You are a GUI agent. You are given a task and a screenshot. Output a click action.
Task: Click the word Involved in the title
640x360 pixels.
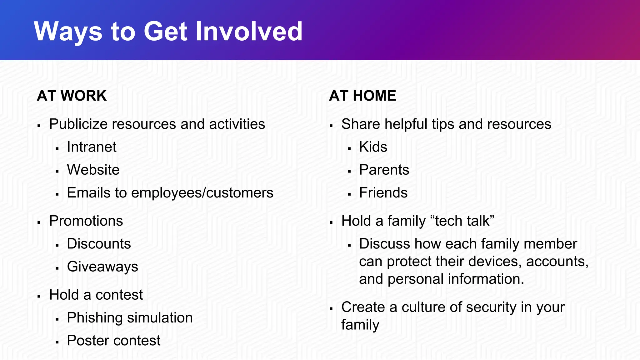click(x=249, y=31)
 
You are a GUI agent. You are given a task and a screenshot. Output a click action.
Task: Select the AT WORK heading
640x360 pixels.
click(x=72, y=96)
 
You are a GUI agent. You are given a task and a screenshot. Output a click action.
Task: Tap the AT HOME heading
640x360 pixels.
click(x=362, y=96)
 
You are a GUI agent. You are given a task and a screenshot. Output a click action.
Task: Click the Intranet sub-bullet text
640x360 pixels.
click(x=92, y=147)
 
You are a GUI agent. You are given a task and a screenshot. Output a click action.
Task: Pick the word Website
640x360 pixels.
click(x=93, y=170)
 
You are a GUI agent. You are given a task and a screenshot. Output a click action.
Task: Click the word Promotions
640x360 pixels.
click(x=86, y=221)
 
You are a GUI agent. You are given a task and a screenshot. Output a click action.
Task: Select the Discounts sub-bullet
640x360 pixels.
click(x=99, y=244)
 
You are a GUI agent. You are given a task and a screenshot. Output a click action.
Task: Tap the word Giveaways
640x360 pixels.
click(x=102, y=267)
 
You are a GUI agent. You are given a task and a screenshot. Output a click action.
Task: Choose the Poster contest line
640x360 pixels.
click(x=113, y=340)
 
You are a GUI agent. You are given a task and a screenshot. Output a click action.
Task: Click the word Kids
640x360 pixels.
click(x=373, y=147)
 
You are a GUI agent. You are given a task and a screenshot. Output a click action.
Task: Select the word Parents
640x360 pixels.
click(x=384, y=170)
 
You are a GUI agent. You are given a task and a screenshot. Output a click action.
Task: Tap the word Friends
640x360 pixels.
click(x=383, y=193)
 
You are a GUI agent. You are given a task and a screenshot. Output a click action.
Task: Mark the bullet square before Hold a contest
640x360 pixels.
click(x=39, y=296)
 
